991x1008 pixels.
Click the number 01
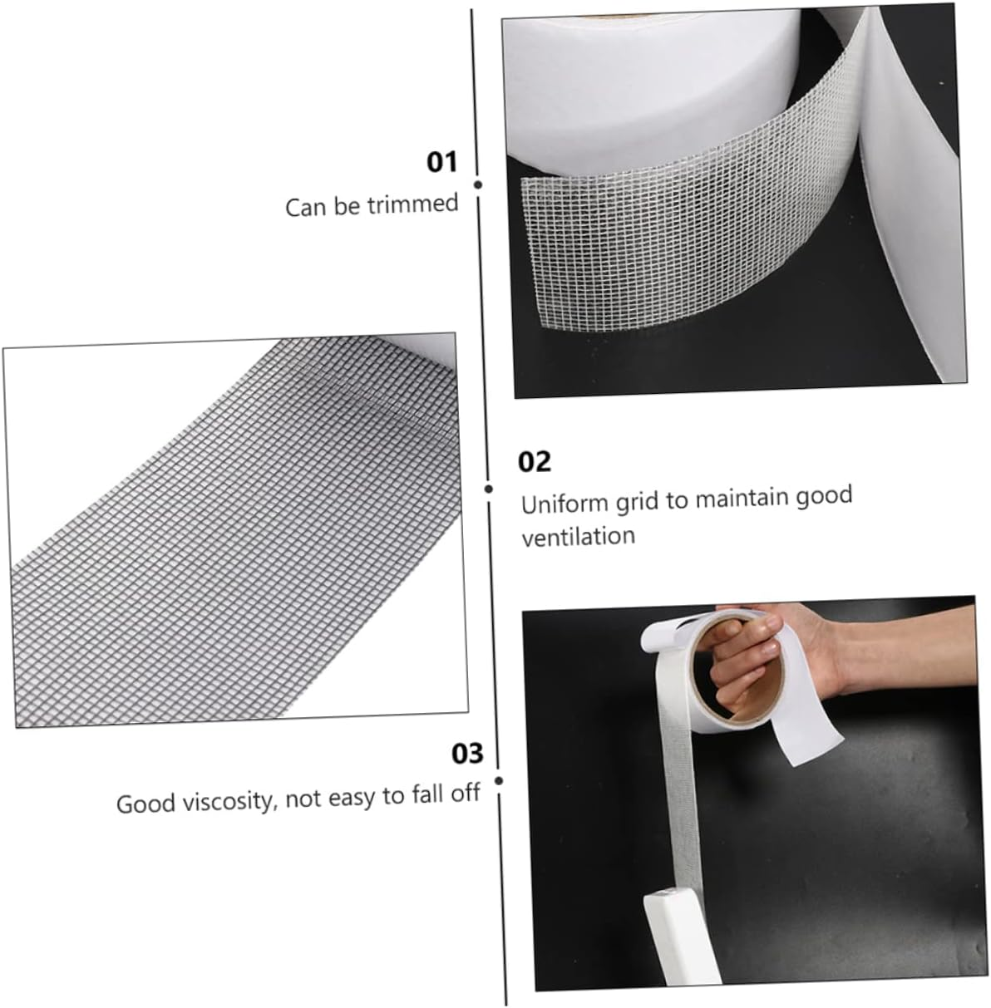[x=442, y=161]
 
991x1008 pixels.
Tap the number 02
[x=535, y=461]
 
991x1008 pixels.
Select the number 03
[x=467, y=754]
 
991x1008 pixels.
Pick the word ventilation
[x=578, y=536]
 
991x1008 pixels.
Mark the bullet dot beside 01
[x=478, y=184]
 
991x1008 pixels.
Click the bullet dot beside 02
[x=490, y=489]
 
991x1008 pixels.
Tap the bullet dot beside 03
[x=499, y=780]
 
